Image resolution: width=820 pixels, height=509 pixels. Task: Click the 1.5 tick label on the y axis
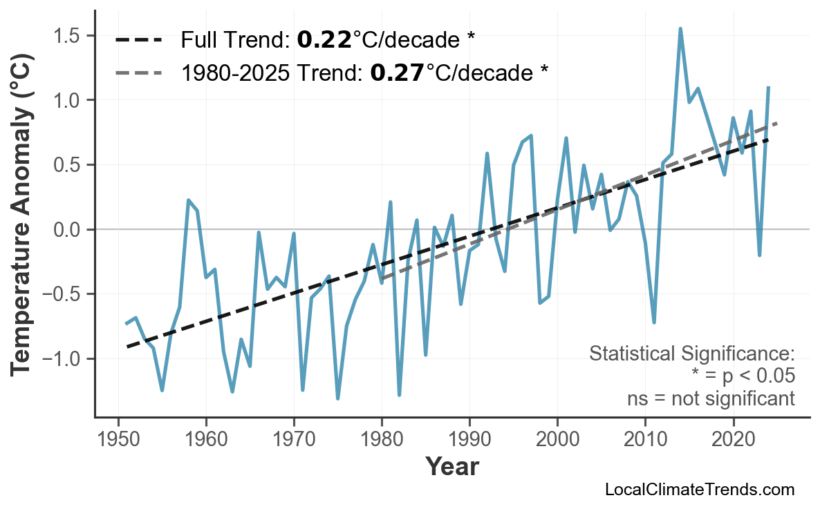tap(68, 35)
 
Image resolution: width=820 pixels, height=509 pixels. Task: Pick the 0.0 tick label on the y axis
tap(68, 229)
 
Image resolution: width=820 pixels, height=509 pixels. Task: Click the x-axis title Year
tap(451, 467)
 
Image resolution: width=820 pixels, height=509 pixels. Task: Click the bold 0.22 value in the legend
tap(324, 40)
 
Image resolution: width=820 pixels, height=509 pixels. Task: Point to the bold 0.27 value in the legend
tap(398, 73)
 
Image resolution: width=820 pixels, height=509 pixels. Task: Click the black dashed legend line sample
tap(138, 40)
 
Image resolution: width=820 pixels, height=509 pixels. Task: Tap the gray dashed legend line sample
tap(138, 73)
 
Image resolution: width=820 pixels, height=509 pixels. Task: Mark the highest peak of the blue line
tap(680, 29)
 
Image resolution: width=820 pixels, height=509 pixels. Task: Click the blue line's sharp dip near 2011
tap(654, 323)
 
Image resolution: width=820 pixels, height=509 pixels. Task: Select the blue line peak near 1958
tap(188, 200)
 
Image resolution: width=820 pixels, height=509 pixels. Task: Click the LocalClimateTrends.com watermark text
tap(699, 490)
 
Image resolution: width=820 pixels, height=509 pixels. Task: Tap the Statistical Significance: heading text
tap(691, 354)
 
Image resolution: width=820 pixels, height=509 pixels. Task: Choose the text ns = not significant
tap(711, 398)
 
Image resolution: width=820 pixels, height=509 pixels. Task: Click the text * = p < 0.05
tap(743, 376)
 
